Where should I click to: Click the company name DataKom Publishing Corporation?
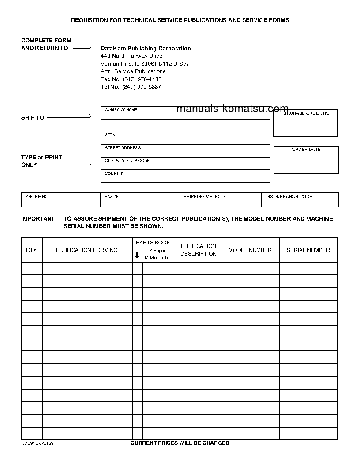click(x=146, y=49)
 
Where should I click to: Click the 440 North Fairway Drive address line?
click(x=131, y=56)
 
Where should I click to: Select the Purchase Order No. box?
click(x=306, y=124)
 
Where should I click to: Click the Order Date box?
click(x=306, y=160)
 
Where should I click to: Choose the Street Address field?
click(x=185, y=151)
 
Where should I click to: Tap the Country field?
click(x=185, y=177)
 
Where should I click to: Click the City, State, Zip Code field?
click(x=185, y=164)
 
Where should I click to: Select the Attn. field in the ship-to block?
click(x=185, y=138)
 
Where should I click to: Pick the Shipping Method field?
click(x=221, y=200)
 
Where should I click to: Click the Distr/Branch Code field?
click(x=300, y=200)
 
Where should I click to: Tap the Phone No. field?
click(x=61, y=200)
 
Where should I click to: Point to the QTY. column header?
click(x=32, y=250)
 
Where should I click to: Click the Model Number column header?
click(x=250, y=250)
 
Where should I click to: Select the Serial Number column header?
click(x=308, y=250)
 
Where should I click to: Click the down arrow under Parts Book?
click(x=137, y=255)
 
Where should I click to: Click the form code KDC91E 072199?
click(x=37, y=443)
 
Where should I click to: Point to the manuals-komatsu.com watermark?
click(x=232, y=109)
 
